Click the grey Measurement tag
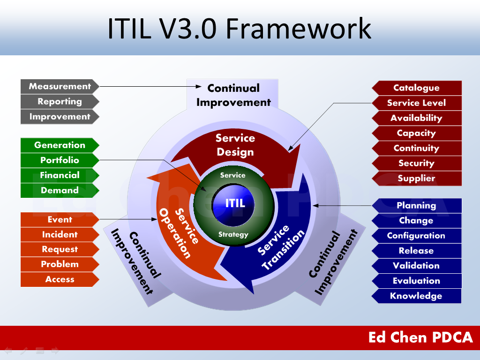[60, 86]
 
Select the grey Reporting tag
[60, 101]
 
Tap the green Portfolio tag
[60, 160]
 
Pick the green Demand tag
[60, 190]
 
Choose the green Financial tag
[60, 175]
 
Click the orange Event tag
[60, 219]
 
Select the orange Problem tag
[60, 264]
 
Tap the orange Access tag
[60, 279]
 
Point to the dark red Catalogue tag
[416, 88]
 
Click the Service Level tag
[416, 103]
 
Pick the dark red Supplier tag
[416, 178]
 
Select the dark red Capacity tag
[416, 133]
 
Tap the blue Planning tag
[416, 205]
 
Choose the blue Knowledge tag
[416, 296]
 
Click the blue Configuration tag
[416, 235]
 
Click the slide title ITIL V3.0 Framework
[239, 28]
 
